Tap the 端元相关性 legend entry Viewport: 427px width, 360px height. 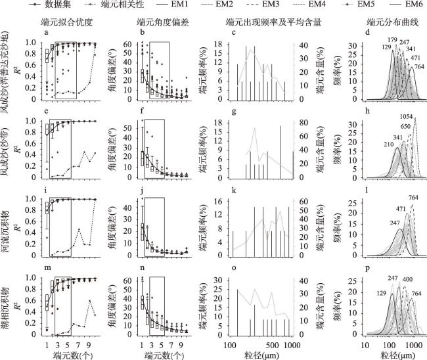pyautogui.click(x=108, y=5)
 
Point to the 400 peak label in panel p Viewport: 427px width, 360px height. pyautogui.click(x=391, y=279)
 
